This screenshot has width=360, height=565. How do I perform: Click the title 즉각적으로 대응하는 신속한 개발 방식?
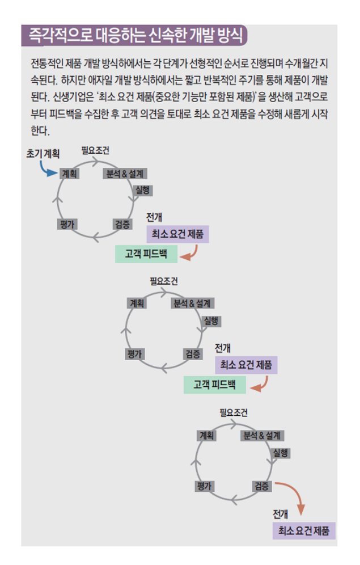(135, 36)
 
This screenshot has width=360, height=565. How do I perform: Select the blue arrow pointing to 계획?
(48, 168)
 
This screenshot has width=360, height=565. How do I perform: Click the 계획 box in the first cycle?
(69, 174)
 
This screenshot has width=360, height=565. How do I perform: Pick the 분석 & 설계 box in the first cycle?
(124, 174)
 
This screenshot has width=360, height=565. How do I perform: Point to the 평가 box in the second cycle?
(134, 354)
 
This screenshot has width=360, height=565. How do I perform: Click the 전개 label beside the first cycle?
(154, 217)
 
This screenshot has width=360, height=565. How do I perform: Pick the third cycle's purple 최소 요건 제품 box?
(303, 531)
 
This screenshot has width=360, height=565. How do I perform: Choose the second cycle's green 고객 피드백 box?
(214, 385)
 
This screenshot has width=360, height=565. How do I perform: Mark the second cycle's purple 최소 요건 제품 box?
(246, 364)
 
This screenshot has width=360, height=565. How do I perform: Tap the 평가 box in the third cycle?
(204, 486)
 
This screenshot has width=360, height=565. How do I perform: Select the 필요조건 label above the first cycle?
(95, 151)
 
